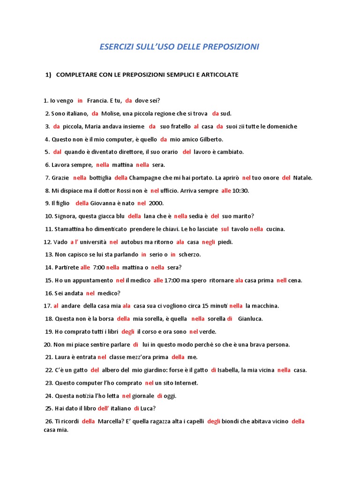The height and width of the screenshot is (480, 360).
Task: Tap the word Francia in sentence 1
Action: [x=97, y=100]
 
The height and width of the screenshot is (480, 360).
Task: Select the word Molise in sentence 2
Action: [x=111, y=113]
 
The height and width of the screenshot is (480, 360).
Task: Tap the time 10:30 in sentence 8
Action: [x=240, y=191]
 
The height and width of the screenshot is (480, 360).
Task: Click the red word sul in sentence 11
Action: [x=225, y=229]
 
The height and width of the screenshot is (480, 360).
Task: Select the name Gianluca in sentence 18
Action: [x=250, y=319]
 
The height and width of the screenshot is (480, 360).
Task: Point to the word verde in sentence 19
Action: [x=208, y=331]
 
